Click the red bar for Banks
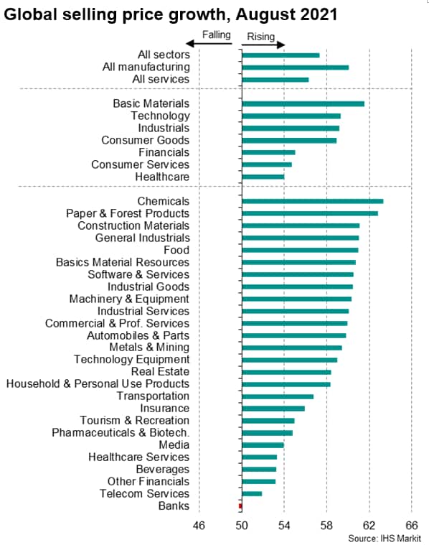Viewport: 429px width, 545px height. [240, 506]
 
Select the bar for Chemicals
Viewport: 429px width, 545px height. [313, 201]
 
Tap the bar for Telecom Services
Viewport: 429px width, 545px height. [253, 493]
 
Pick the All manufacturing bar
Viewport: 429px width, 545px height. [296, 67]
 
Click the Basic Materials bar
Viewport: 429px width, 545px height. [303, 103]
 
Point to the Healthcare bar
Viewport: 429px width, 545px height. [263, 177]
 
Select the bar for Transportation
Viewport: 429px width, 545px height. [278, 396]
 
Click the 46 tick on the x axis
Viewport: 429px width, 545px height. [199, 525]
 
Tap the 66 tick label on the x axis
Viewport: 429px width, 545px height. [412, 525]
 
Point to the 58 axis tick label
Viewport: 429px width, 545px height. [326, 525]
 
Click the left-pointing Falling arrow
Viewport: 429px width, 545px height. [209, 44]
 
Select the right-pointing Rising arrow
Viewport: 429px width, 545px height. [263, 44]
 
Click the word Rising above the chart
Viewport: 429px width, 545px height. [261, 37]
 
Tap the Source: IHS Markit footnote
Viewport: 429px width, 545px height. [385, 539]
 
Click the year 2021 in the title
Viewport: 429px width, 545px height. [319, 14]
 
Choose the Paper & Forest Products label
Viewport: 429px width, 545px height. [128, 213]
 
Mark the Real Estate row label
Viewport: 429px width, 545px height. [161, 371]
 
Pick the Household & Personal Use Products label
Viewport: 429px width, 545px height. [98, 383]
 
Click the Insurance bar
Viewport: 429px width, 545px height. [273, 409]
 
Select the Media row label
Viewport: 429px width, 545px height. [174, 445]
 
